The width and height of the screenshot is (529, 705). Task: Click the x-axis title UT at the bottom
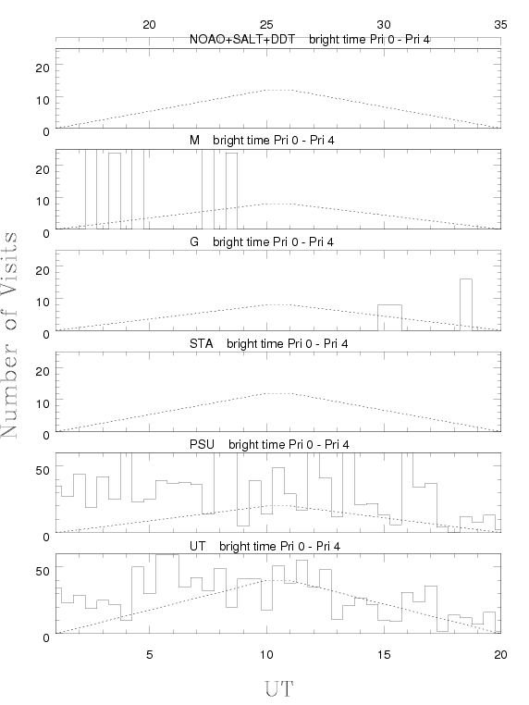(279, 688)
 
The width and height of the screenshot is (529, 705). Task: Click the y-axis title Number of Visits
(9, 335)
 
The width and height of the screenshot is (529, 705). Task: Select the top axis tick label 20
(149, 25)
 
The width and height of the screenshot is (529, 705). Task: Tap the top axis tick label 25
(266, 25)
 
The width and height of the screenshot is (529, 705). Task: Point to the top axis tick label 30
(384, 25)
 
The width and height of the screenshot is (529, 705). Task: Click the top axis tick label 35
(500, 25)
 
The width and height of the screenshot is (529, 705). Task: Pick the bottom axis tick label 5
(149, 654)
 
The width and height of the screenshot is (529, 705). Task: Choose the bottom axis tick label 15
(384, 654)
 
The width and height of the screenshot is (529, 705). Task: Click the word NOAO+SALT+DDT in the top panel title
(242, 40)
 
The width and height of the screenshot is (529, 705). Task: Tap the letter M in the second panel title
(194, 141)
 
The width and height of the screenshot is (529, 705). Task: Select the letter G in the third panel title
(194, 241)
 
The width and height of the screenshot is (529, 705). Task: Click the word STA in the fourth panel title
(202, 344)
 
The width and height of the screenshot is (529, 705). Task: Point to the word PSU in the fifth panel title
(202, 445)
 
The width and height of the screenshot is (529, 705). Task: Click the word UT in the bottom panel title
(197, 546)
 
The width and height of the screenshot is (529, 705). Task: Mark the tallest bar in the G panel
(466, 304)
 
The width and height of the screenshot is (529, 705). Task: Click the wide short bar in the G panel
(389, 318)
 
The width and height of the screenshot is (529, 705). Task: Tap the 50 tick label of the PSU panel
(43, 470)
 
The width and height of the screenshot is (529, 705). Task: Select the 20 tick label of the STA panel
(43, 371)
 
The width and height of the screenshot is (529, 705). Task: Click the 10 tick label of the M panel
(43, 201)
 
